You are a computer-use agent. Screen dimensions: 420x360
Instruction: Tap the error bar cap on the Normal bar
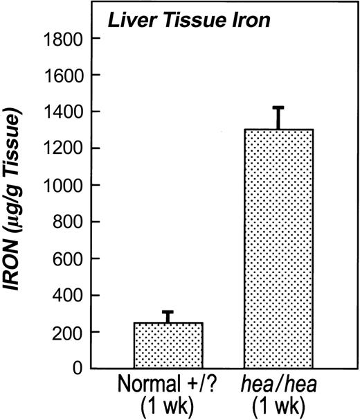[168, 312]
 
